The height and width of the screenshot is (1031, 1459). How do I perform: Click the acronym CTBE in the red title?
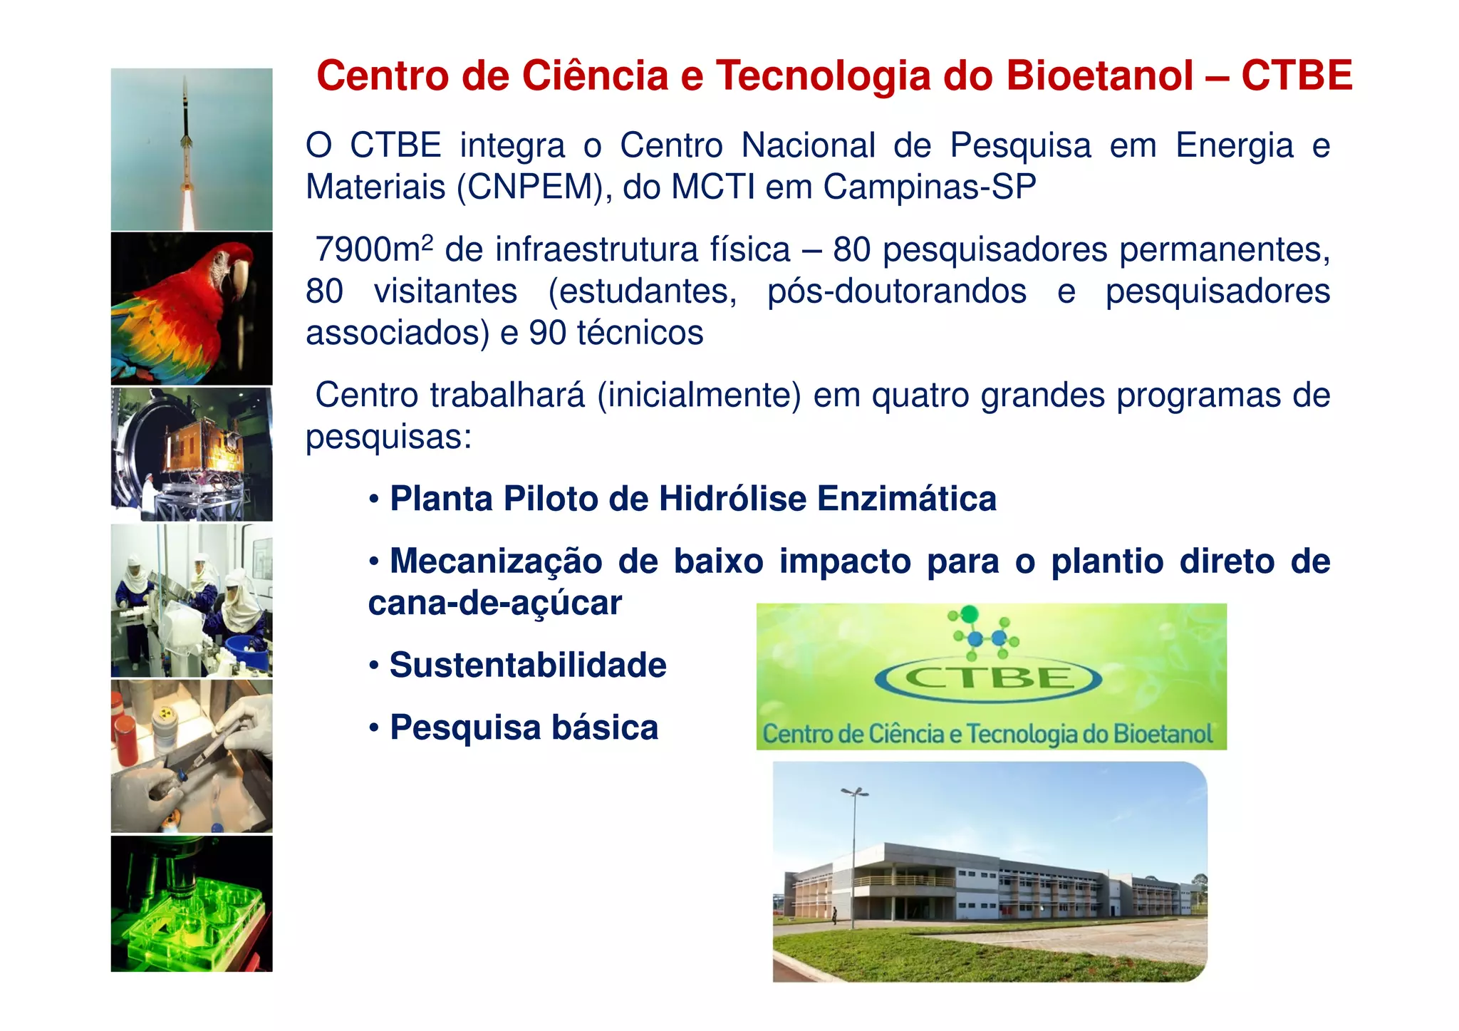coord(1296,76)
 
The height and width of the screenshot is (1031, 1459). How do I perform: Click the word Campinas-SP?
coord(929,187)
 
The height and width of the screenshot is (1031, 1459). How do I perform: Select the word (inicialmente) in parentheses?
coord(700,395)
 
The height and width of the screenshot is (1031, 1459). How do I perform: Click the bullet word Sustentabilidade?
coord(528,665)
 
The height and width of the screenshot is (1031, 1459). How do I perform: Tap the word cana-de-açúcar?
coord(494,603)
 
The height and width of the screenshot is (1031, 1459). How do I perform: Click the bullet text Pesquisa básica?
coord(524,728)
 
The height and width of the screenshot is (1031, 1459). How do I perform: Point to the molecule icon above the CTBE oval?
coord(983,631)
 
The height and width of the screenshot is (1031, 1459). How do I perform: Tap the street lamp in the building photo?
coord(853,855)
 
